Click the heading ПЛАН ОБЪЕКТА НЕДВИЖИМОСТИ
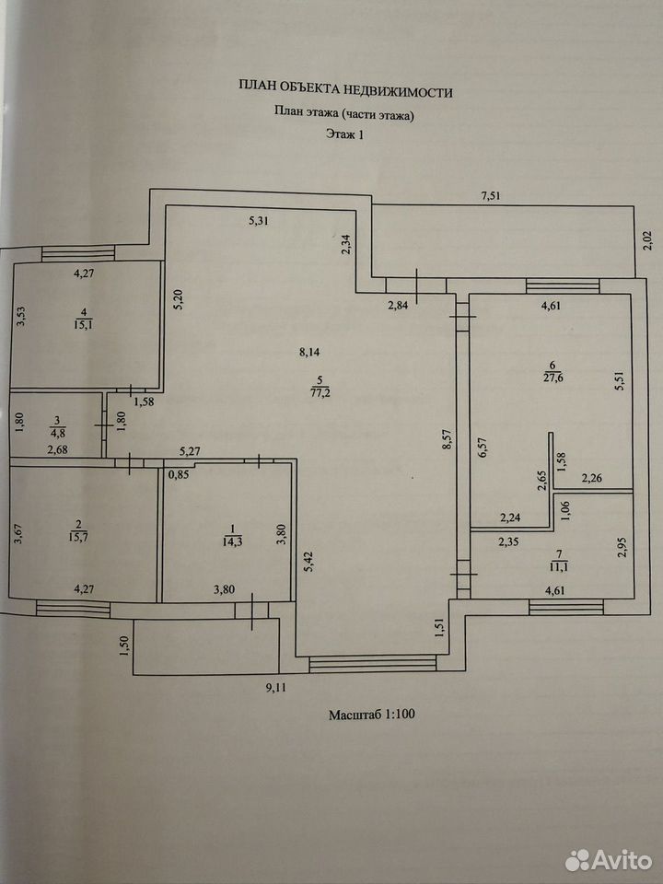[x=345, y=89]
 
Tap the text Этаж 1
[x=345, y=134]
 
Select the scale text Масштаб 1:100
[x=372, y=715]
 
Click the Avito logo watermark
[x=609, y=860]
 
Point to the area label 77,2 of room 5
[x=320, y=392]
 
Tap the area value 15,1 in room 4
[x=84, y=323]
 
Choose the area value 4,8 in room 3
[x=57, y=434]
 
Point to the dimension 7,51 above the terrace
[x=491, y=196]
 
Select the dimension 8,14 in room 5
[x=309, y=353]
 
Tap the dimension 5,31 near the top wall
[x=259, y=221]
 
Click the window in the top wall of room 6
[x=562, y=285]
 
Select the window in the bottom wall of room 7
[x=566, y=607]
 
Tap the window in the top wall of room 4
[x=78, y=253]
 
